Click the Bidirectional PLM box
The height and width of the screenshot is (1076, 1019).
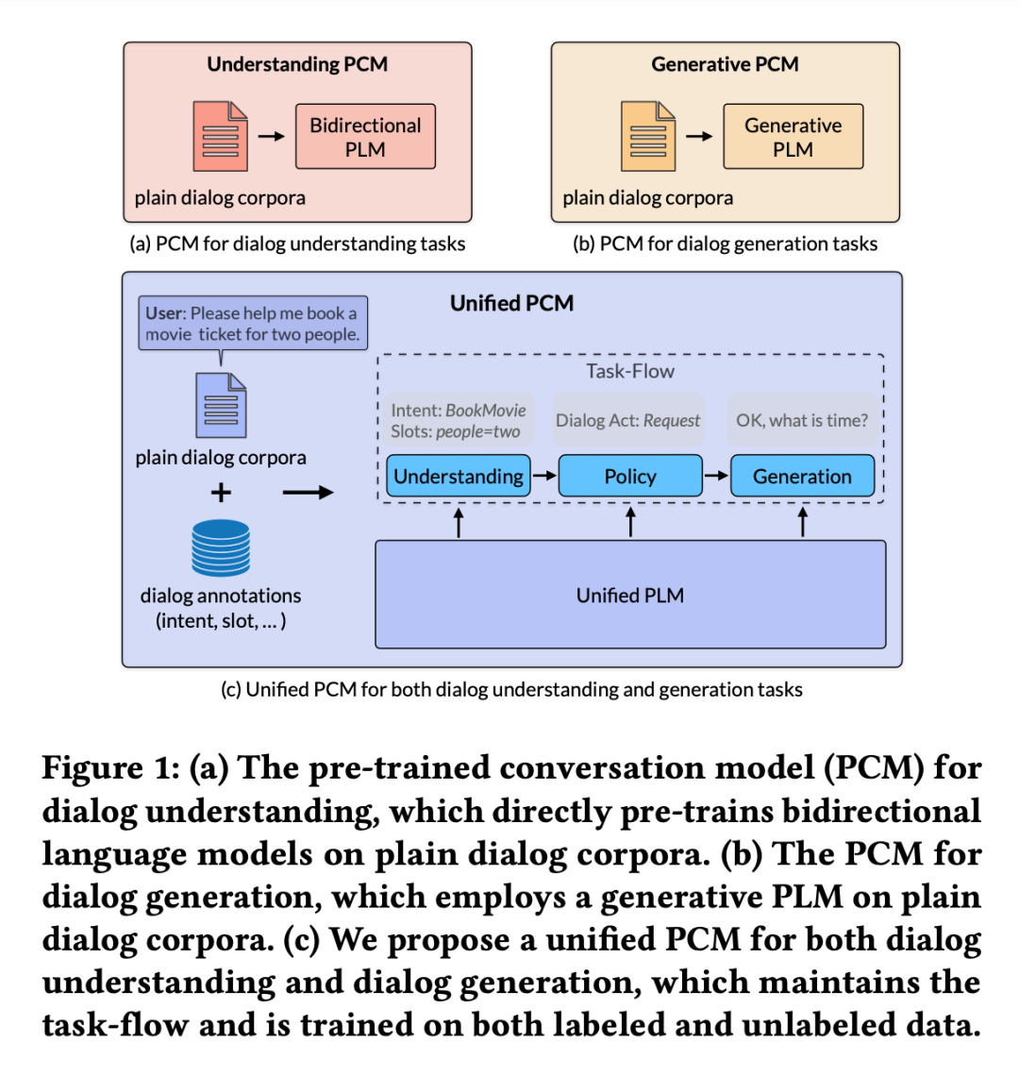coord(365,137)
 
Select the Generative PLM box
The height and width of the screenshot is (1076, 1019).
coord(793,137)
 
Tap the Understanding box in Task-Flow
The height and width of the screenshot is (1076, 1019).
coord(459,476)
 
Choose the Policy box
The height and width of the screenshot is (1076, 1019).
coord(630,476)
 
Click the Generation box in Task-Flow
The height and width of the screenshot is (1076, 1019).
coord(802,476)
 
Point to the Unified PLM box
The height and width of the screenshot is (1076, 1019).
coord(630,595)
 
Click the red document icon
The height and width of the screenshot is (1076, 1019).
coord(220,137)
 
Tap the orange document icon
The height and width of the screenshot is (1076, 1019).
coord(648,137)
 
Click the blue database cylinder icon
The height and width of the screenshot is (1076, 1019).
coord(221,547)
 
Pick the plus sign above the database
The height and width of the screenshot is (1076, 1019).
coord(221,492)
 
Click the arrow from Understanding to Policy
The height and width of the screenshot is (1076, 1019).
coord(544,476)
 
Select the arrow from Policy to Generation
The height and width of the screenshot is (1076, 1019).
coord(716,476)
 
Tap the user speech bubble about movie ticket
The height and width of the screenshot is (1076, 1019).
coord(252,324)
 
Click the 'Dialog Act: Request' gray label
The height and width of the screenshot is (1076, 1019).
coord(628,420)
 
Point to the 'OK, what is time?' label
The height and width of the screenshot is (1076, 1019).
coord(802,420)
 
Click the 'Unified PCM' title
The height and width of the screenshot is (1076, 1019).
coord(511,303)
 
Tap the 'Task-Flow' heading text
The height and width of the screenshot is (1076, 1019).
coord(630,371)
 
